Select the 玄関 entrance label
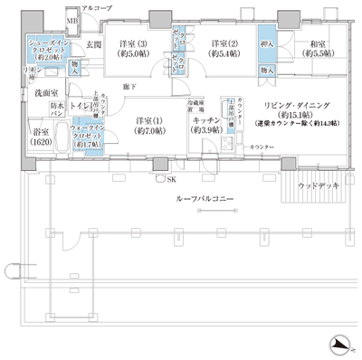[93, 44]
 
